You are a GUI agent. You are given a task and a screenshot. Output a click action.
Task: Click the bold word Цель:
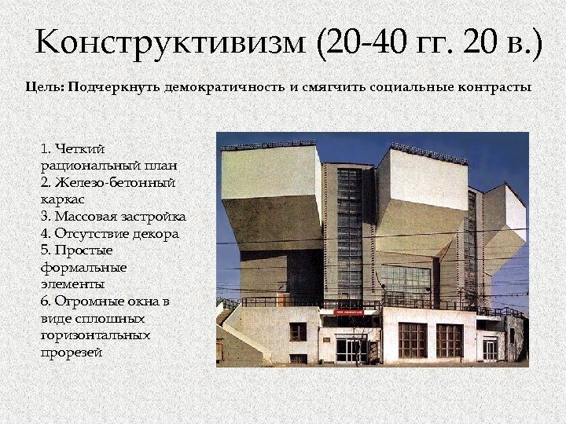pos(45,87)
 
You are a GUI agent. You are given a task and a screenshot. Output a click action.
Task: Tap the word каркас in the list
pos(62,199)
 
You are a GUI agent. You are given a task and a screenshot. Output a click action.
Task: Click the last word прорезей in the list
pos(71,353)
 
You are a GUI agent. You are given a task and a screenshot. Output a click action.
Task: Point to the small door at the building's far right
pos(490,348)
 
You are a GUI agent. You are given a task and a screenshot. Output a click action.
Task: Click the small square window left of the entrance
pos(298,331)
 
